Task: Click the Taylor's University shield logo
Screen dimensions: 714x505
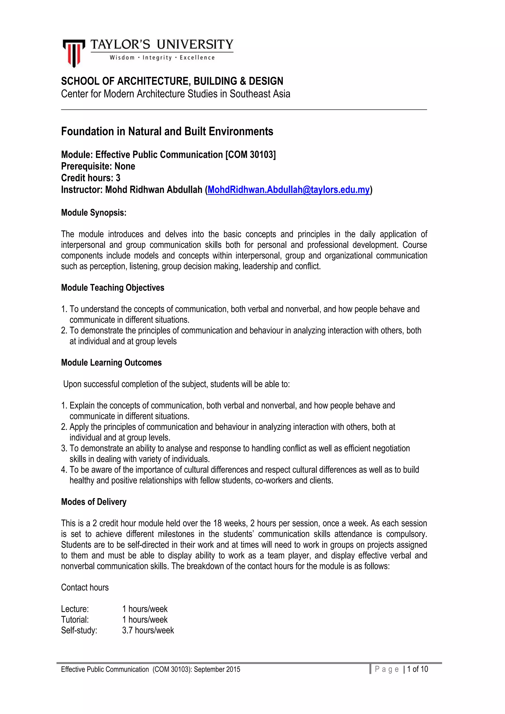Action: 74,53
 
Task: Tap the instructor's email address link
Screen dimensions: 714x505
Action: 289,190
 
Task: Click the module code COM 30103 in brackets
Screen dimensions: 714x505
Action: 250,155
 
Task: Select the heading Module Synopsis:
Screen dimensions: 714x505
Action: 94,213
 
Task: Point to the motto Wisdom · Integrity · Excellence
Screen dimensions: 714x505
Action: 162,57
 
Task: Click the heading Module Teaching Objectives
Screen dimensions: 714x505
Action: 113,288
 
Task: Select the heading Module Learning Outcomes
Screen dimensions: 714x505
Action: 111,363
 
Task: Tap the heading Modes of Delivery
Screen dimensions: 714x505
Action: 94,502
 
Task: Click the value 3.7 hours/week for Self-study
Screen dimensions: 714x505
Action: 148,630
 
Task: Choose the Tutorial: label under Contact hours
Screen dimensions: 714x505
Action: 75,620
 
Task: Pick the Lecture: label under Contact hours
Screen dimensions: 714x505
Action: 75,609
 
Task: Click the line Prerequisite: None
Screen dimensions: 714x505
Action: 98,166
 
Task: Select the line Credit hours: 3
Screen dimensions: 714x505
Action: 90,178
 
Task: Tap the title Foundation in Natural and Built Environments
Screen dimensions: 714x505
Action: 167,131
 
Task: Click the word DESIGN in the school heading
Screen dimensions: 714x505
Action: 266,81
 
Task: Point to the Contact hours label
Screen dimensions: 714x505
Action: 85,587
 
